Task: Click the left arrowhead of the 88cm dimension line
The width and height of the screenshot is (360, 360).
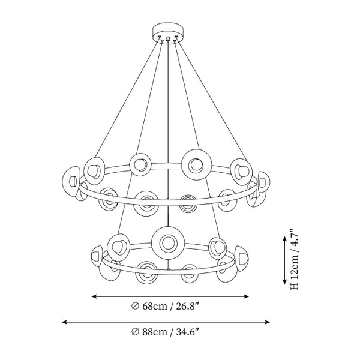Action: click(64, 322)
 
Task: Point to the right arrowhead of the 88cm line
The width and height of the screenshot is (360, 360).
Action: click(267, 322)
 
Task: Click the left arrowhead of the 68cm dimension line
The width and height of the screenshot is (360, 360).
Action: click(94, 296)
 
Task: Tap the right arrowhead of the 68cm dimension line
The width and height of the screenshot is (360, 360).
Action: click(246, 296)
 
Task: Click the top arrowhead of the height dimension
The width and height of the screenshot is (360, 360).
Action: click(284, 239)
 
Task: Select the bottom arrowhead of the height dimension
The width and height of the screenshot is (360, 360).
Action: click(284, 281)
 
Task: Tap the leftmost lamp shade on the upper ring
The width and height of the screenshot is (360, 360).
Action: click(71, 181)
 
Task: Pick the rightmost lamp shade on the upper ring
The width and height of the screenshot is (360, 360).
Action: click(264, 182)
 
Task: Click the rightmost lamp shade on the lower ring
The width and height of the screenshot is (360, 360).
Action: click(242, 259)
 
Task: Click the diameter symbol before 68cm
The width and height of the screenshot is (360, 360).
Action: click(135, 306)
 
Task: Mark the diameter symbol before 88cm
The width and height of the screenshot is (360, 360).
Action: click(135, 332)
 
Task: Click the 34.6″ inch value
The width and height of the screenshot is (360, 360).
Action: click(187, 332)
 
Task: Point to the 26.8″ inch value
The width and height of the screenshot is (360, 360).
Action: click(187, 306)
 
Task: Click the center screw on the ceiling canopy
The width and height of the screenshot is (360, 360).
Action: click(168, 38)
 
